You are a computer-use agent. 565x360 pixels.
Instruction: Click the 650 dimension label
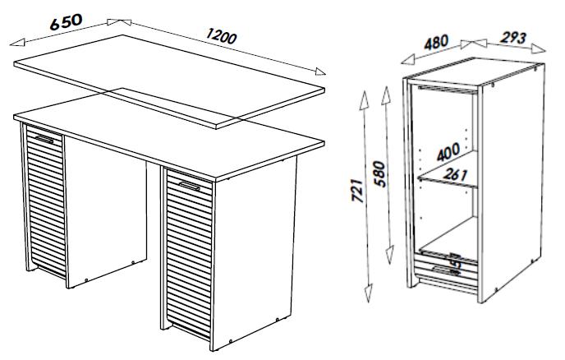(x=66, y=22)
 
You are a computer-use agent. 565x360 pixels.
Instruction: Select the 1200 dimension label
(x=221, y=36)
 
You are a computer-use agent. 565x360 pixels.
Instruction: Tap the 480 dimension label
(x=436, y=42)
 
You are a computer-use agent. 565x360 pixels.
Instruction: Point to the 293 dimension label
(x=513, y=38)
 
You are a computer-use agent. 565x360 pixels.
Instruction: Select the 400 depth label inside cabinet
(x=448, y=152)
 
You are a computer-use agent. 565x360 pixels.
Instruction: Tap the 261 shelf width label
(x=455, y=175)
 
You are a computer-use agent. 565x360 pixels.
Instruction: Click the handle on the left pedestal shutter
(x=44, y=139)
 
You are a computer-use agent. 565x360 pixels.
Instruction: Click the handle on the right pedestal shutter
(x=190, y=186)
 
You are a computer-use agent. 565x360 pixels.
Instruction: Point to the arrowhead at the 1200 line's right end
(x=320, y=72)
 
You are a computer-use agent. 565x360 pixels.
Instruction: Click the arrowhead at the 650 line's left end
(x=17, y=42)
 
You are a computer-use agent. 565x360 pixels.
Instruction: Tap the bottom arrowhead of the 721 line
(x=368, y=293)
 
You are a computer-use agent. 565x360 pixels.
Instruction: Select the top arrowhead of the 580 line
(x=386, y=95)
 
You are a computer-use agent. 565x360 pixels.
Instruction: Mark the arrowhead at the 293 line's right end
(x=539, y=48)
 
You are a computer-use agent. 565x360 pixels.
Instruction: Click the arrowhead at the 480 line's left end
(x=408, y=59)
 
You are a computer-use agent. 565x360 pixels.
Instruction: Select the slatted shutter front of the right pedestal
(x=188, y=252)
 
